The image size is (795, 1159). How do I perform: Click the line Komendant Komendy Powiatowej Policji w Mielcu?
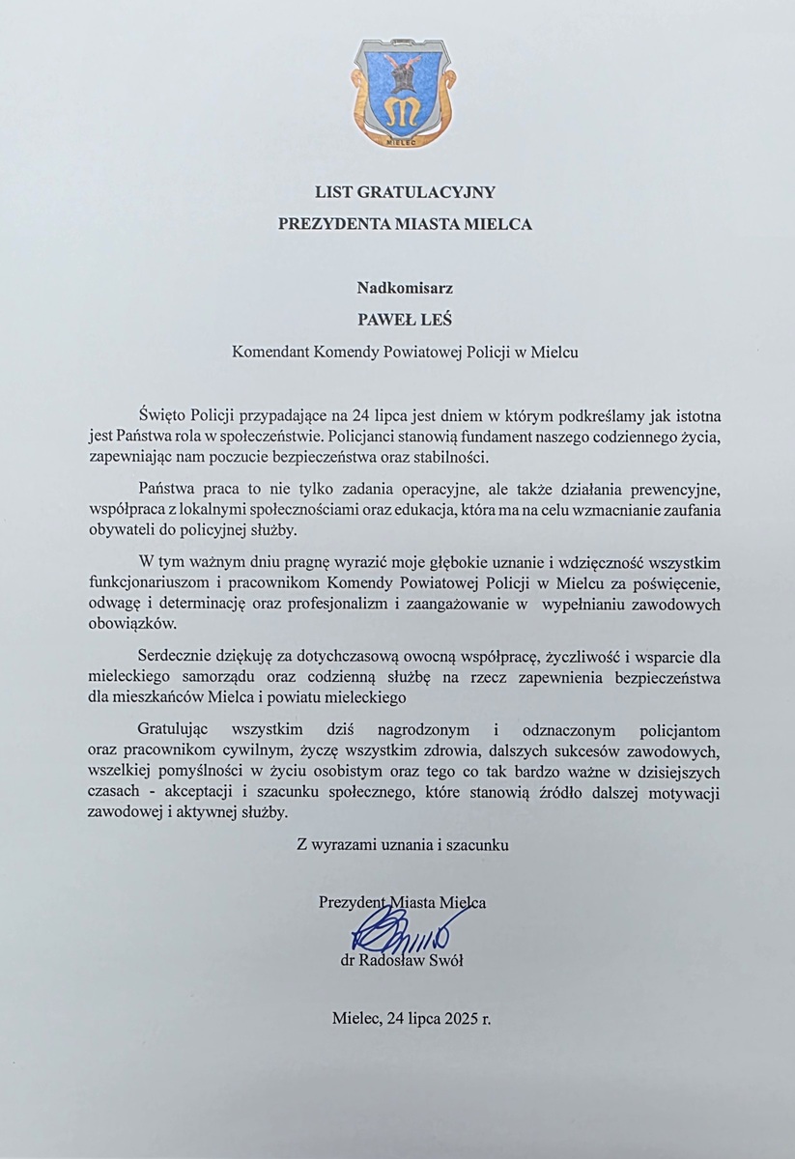405,353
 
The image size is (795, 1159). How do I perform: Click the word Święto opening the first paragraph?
165,417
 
